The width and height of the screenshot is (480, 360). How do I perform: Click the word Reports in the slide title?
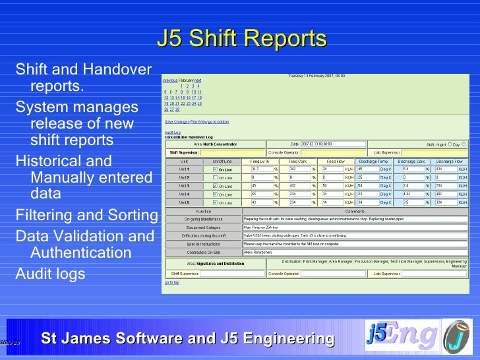286,39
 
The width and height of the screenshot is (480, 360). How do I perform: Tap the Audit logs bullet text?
50,273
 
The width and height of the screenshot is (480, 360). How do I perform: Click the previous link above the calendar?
170,80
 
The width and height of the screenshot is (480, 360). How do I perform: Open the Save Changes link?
177,122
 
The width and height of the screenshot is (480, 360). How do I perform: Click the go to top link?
171,283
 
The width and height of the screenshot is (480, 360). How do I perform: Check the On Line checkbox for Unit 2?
216,177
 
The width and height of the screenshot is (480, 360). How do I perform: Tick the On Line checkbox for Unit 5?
216,202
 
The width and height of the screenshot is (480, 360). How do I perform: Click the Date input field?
332,144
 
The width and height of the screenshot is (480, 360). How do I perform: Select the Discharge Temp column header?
374,161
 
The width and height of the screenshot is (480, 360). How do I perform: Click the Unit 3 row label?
185,186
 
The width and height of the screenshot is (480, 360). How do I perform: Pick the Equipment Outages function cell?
203,227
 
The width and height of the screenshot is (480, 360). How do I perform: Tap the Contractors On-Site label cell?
203,252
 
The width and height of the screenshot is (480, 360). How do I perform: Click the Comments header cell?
355,211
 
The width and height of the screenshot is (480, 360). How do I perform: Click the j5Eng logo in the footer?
402,335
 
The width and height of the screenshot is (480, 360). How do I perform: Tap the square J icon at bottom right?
457,335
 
